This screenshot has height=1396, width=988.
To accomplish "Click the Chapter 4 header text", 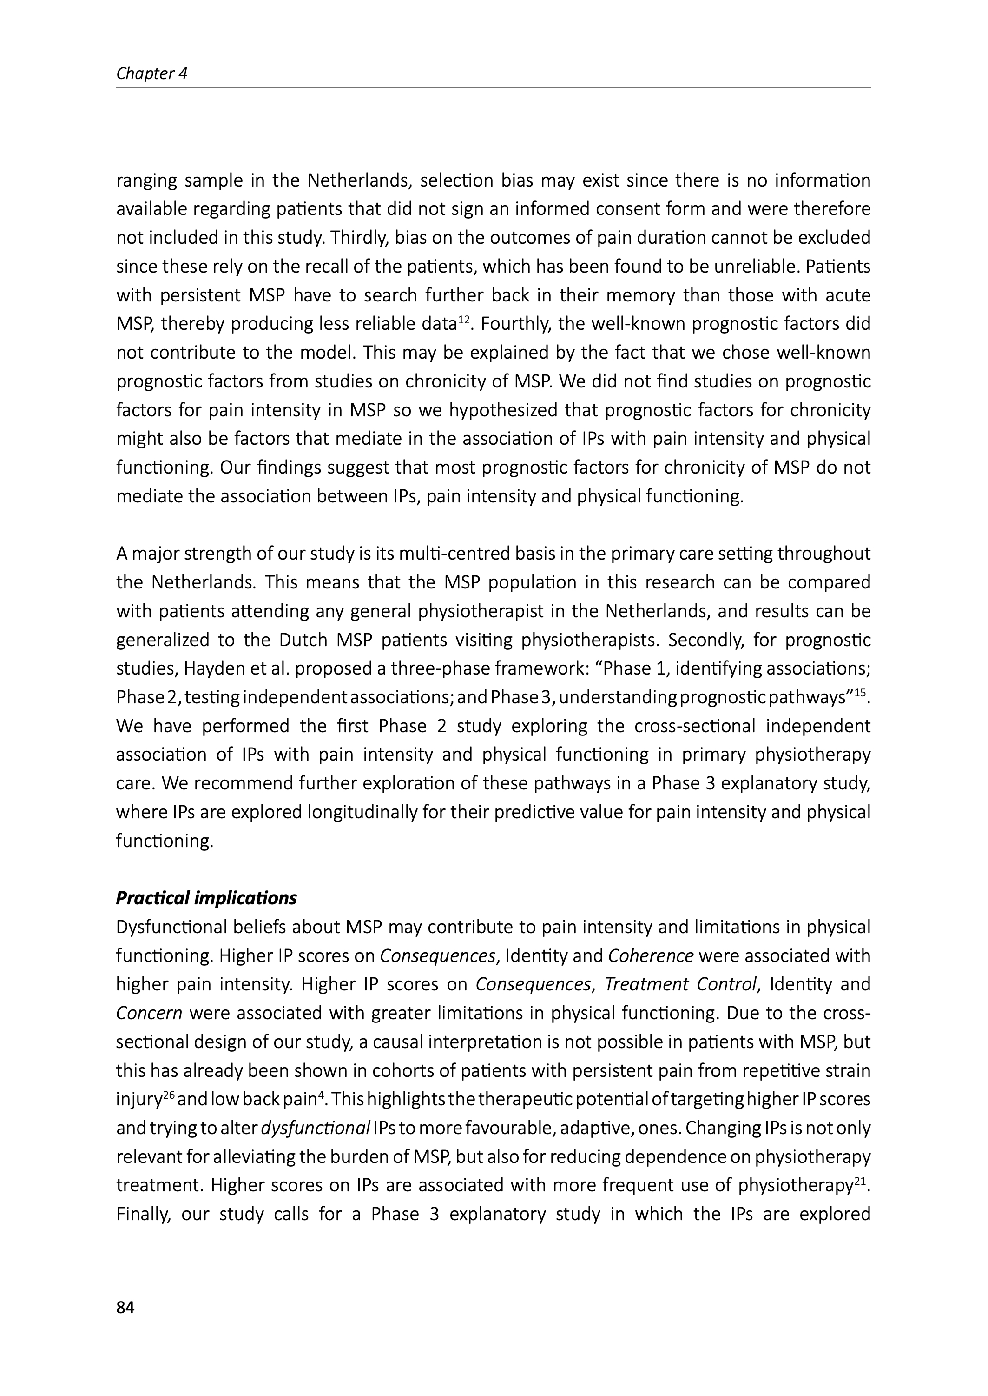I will coord(151,73).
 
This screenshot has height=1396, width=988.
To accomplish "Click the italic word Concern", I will coord(149,1013).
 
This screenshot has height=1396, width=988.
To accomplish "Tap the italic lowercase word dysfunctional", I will coord(315,1128).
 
